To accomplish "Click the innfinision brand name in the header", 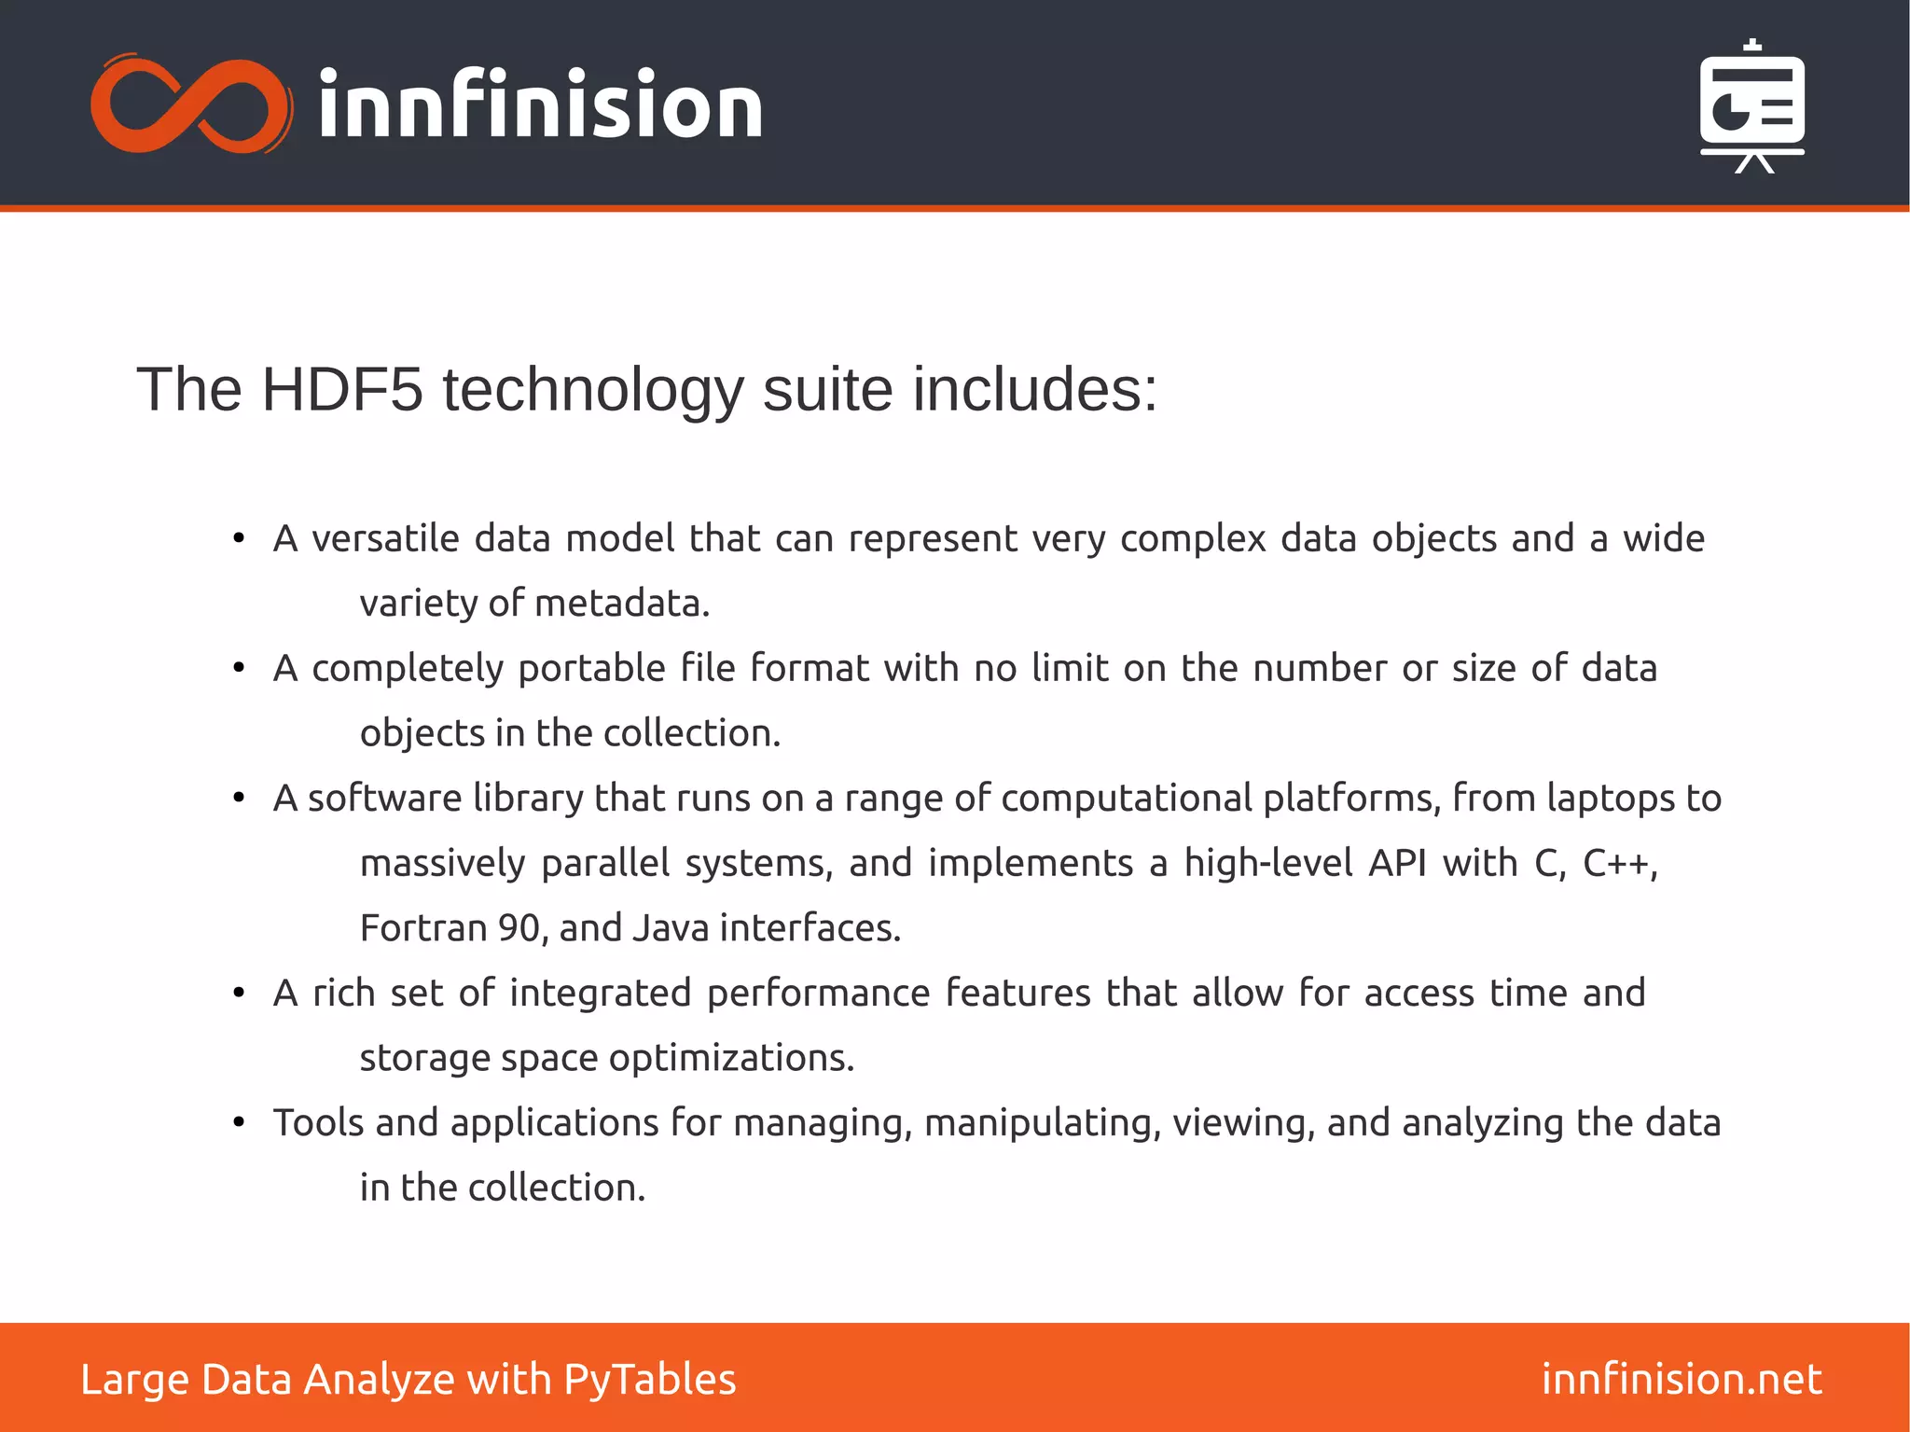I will pyautogui.click(x=540, y=104).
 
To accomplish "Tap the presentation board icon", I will pyautogui.click(x=1751, y=106).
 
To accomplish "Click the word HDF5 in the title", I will pyautogui.click(x=341, y=389).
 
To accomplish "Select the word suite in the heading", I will pyautogui.click(x=827, y=389).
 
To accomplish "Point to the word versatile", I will pyautogui.click(x=385, y=539).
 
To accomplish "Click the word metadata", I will pyautogui.click(x=622, y=604).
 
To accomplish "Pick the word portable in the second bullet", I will pyautogui.click(x=591, y=669).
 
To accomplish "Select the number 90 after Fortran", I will pyautogui.click(x=519, y=928).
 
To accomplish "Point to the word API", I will pyautogui.click(x=1396, y=864).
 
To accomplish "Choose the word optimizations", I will pyautogui.click(x=731, y=1058).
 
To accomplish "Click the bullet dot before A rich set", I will pyautogui.click(x=239, y=994).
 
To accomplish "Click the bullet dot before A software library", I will pyautogui.click(x=239, y=799).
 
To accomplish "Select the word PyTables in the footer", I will pyautogui.click(x=649, y=1380).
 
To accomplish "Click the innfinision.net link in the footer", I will pyautogui.click(x=1681, y=1379).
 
